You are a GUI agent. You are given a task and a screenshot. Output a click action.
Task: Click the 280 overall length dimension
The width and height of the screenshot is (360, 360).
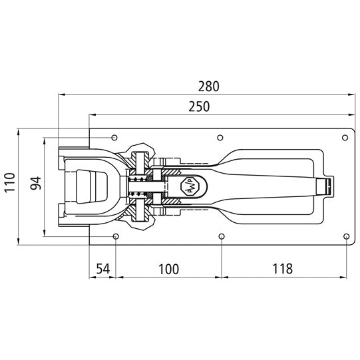click(208, 87)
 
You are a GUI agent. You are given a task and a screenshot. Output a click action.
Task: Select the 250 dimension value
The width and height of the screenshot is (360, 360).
click(198, 106)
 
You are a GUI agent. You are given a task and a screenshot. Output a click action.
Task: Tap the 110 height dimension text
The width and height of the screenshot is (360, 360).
click(9, 182)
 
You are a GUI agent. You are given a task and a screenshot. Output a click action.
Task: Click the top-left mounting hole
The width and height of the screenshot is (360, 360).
click(114, 137)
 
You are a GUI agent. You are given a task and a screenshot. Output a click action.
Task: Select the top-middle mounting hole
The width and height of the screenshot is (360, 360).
click(220, 138)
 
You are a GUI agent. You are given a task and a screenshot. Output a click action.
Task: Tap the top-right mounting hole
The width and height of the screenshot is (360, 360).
click(345, 138)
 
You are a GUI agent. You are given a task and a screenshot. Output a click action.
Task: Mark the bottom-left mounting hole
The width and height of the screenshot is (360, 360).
click(116, 236)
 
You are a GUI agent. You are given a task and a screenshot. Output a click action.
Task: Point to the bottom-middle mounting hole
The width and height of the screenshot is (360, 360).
click(220, 236)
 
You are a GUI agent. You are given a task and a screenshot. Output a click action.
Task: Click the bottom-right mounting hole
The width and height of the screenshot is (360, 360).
click(345, 236)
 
